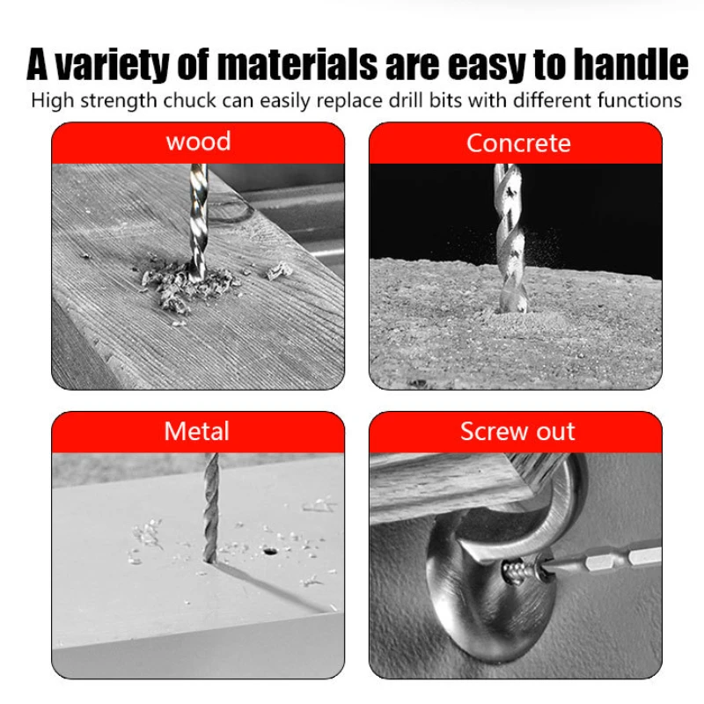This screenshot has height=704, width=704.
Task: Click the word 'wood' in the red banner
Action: click(x=199, y=142)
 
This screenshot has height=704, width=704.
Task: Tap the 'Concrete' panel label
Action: click(x=518, y=143)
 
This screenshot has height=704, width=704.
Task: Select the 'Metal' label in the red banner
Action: click(x=196, y=431)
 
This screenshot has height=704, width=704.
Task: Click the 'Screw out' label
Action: click(x=517, y=431)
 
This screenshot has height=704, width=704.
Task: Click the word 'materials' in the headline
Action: click(x=297, y=64)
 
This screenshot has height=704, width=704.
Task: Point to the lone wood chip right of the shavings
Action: click(x=279, y=271)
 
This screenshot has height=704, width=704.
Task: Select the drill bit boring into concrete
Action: click(x=510, y=238)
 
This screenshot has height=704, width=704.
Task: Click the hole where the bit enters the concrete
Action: click(x=512, y=310)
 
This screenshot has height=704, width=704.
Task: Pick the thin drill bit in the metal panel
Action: click(x=210, y=508)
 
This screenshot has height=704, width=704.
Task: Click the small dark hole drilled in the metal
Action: click(x=269, y=552)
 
